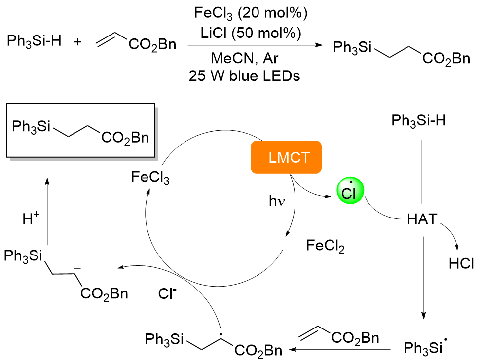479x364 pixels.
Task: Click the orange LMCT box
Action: (286, 157)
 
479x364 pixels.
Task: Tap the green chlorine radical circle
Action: (350, 191)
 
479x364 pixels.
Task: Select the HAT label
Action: (422, 219)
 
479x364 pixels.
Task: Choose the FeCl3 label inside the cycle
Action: (150, 177)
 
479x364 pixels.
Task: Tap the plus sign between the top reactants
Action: (78, 44)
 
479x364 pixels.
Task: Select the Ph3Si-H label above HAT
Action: (419, 120)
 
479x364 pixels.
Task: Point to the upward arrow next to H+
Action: (47, 212)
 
